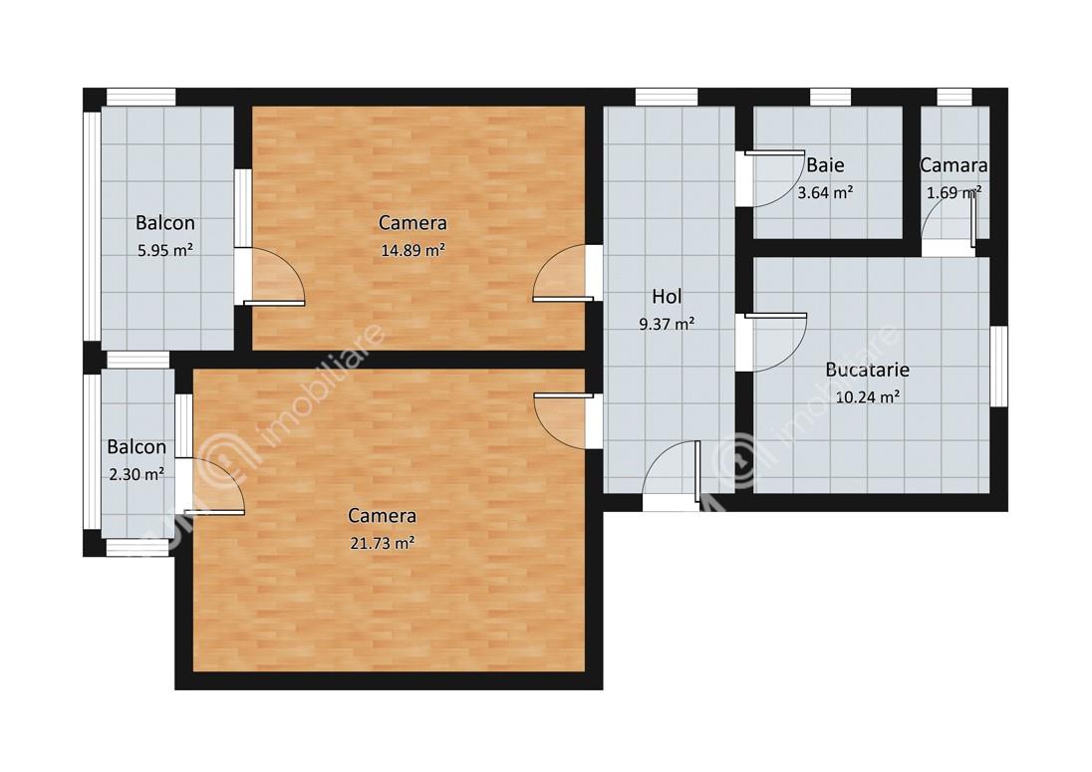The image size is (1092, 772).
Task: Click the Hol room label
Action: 667,297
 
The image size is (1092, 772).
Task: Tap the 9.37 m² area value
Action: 667,324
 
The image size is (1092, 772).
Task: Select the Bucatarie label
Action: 867,369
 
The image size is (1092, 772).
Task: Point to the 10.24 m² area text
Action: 867,396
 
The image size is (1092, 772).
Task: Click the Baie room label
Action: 825,165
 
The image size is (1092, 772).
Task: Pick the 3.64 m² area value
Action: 825,192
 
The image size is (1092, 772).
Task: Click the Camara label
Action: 954,165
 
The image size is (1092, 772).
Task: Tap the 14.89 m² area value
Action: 412,250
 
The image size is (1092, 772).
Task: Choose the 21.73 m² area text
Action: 383,543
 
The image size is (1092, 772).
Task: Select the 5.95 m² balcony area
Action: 165,250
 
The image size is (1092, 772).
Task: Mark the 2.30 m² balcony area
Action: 136,474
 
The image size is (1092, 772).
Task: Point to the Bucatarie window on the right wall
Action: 998,367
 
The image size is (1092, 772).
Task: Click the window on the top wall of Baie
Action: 830,97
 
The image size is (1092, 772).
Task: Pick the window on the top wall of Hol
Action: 667,97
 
